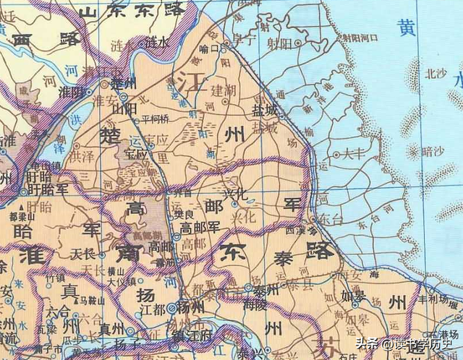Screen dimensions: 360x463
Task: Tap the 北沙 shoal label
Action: coord(437,73)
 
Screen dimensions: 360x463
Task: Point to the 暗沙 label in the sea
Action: coord(432,152)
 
